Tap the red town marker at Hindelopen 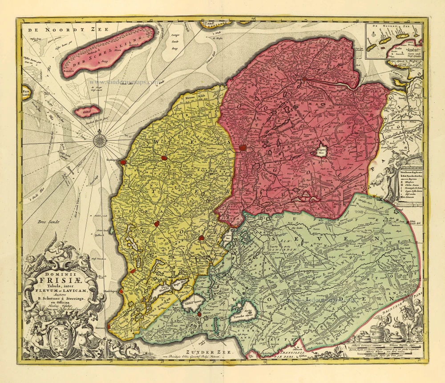121,291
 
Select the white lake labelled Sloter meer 193,303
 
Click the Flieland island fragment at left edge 25,93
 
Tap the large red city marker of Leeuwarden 243,148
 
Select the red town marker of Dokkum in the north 304,79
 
